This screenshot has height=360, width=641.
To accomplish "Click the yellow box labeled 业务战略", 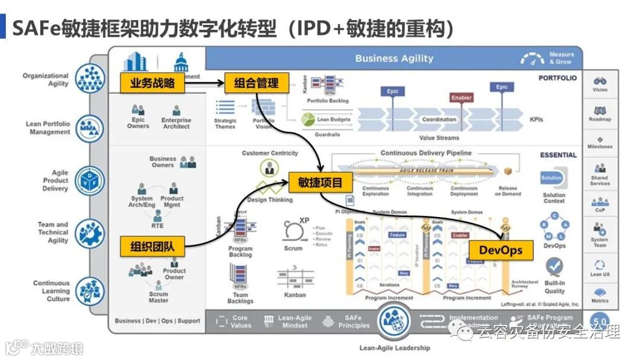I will coord(152,84).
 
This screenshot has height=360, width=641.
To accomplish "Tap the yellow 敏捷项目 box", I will coord(320,183).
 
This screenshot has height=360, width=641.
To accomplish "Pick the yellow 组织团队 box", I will coord(152,246).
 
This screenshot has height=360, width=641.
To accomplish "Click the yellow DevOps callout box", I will coord(500,250).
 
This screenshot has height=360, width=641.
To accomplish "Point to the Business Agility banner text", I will coord(394,59).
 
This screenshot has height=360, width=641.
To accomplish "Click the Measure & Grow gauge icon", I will coord(532,59).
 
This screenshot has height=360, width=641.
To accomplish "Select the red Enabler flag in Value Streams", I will coord(461,98).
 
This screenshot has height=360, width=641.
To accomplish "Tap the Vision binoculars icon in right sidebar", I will coord(599,81).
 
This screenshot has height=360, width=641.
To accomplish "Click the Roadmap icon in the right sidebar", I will coord(599,110).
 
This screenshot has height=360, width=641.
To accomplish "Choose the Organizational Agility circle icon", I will coord(90,79).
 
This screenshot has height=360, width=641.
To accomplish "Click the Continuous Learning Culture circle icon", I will coord(90,291).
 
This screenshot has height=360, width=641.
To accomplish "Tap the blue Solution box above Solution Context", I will coord(551,178).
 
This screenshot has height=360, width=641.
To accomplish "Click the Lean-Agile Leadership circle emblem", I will coord(394,321).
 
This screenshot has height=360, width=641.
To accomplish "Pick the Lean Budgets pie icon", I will coord(307,120).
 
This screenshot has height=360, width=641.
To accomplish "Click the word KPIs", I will coord(536,120).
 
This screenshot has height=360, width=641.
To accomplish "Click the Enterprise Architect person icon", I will coord(176,111).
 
